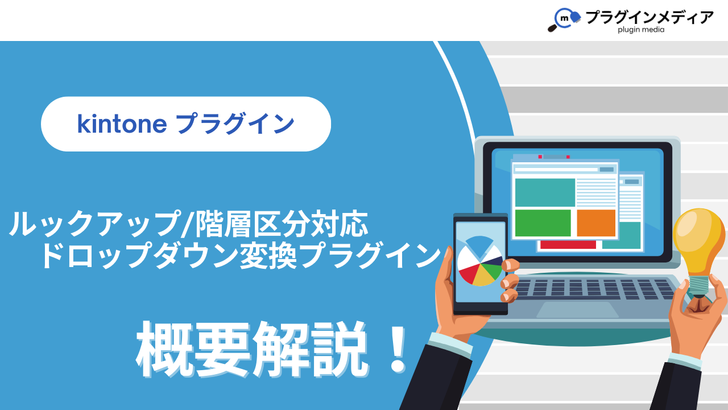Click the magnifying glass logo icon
click(x=564, y=19)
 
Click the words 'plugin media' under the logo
click(x=641, y=30)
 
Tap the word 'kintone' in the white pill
click(x=122, y=124)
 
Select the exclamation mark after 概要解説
click(x=398, y=350)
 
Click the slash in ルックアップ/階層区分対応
click(x=188, y=224)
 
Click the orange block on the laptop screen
click(x=596, y=223)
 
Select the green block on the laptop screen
click(x=543, y=223)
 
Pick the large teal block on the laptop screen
click(x=545, y=192)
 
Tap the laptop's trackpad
click(x=577, y=309)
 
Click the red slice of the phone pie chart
click(x=468, y=274)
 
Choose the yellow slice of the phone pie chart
click(x=483, y=277)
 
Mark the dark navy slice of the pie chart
click(x=493, y=261)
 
